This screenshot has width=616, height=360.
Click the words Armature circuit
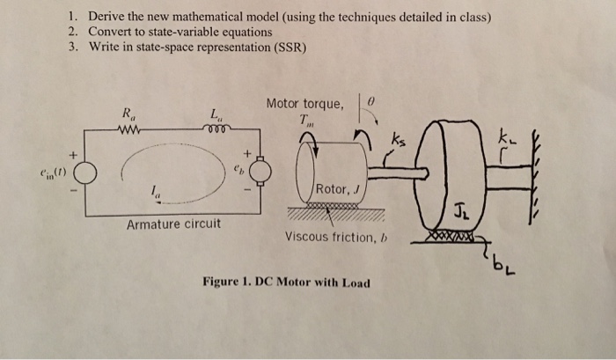pos(174,224)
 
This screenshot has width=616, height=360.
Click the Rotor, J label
pos(336,187)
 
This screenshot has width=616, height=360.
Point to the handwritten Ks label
pos(401,141)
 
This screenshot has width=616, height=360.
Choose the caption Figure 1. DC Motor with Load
pos(286,283)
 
